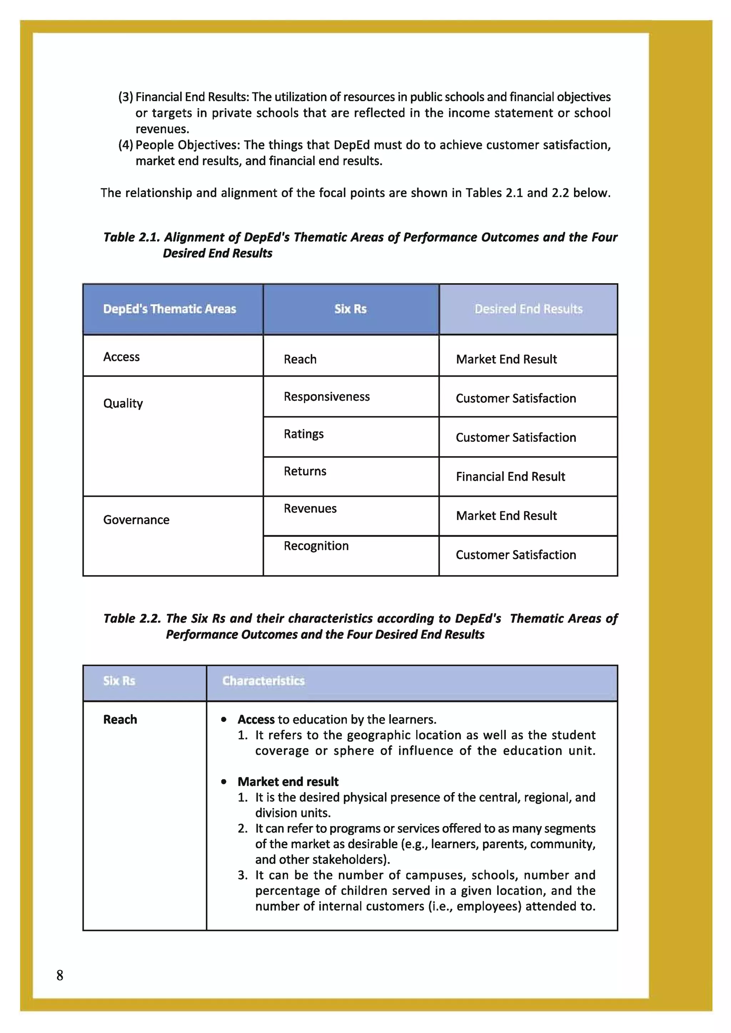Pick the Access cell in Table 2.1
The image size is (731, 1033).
pos(121,357)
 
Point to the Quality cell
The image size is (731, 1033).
pos(123,403)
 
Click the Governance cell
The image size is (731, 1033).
pos(136,520)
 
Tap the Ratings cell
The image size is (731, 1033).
pos(303,434)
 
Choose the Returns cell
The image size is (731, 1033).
pos(305,471)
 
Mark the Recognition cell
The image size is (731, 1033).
pos(316,546)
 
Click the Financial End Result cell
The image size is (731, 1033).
pos(510,477)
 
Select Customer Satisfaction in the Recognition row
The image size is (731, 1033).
pos(515,555)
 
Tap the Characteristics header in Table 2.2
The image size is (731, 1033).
pos(263,681)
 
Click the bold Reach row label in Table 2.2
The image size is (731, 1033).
pos(120,719)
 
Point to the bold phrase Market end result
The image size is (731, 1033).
pos(288,782)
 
